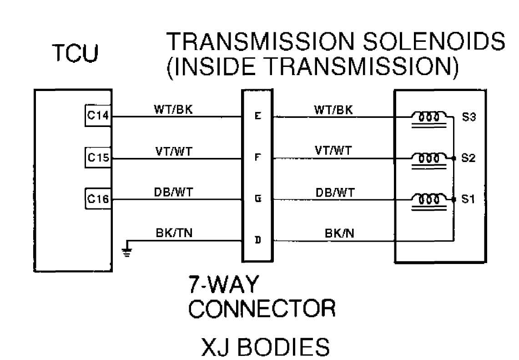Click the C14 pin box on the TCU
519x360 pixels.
[98, 116]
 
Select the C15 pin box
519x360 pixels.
[98, 157]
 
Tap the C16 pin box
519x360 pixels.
[98, 199]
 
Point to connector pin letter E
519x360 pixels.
[258, 116]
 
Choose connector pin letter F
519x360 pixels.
[258, 157]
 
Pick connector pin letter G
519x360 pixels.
[258, 199]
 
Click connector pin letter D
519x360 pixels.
[258, 240]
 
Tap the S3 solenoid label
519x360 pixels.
[469, 117]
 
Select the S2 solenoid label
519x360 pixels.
[468, 158]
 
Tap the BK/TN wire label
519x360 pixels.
[174, 233]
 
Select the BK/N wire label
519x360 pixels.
[339, 233]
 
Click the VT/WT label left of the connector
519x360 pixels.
[174, 152]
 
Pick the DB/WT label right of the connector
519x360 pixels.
[335, 193]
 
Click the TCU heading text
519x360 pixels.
[76, 53]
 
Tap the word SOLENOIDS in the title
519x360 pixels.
[434, 41]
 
